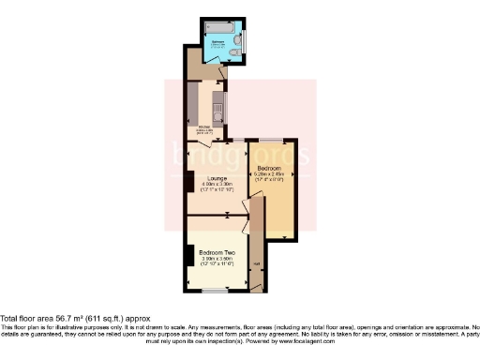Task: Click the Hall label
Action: point(255,262)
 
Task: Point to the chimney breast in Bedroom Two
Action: point(190,255)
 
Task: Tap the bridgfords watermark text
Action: point(239,155)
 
